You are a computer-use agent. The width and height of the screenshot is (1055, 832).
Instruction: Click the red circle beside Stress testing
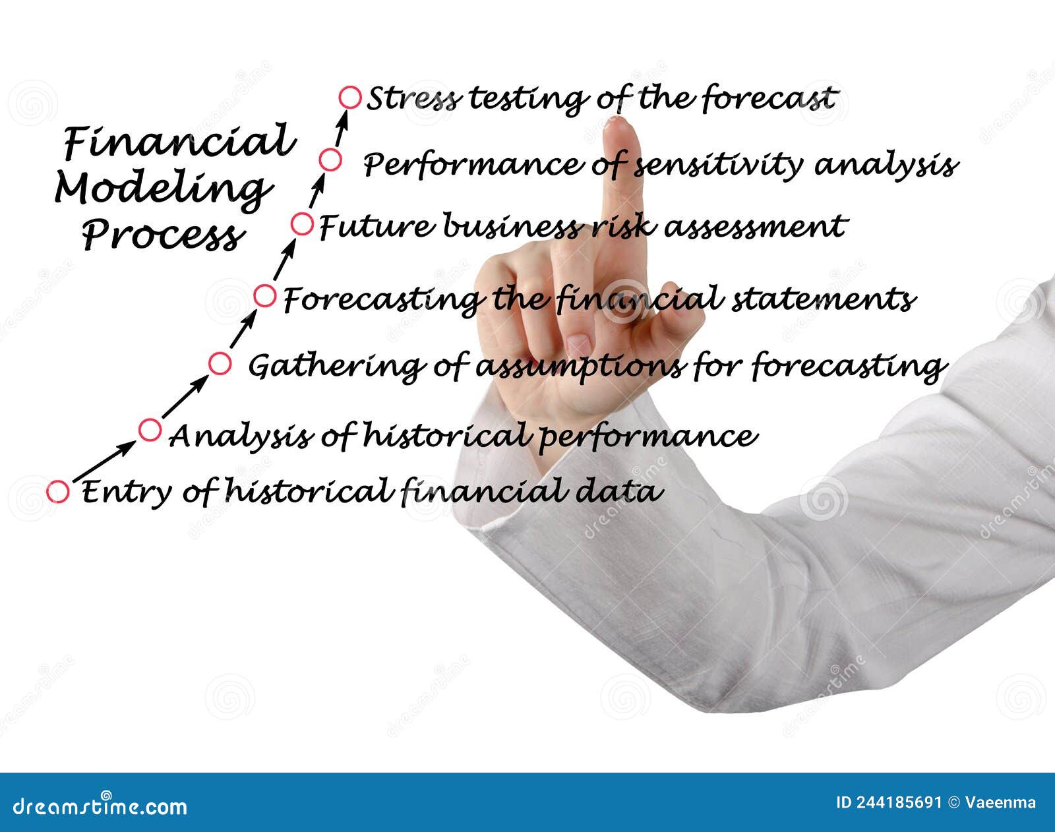350,98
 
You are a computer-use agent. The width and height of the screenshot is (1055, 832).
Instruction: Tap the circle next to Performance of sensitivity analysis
330,160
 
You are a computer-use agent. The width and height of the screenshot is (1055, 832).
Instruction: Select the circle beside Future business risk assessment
302,224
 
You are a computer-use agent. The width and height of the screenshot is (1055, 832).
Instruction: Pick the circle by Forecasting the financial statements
265,296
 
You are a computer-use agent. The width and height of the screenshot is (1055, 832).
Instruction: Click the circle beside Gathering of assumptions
220,363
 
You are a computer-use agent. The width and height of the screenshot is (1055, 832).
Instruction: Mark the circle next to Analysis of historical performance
150,430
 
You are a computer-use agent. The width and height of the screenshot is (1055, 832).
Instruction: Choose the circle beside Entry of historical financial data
58,491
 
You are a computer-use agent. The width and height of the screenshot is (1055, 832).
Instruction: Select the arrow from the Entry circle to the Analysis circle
104,461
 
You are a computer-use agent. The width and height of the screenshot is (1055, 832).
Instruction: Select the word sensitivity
719,165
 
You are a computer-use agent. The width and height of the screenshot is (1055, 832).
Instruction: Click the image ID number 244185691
899,802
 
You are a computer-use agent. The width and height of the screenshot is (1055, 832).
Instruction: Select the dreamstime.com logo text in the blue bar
100,806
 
